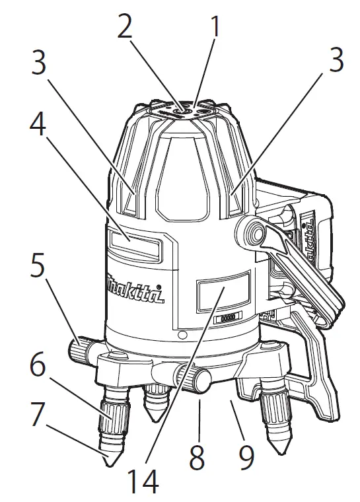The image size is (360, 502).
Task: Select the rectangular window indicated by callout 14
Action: (224, 291)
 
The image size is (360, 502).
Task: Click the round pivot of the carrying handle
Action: (250, 233)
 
